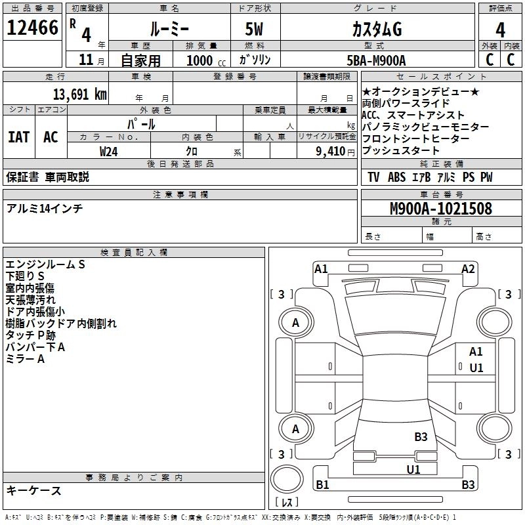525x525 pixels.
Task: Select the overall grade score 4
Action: (x=500, y=30)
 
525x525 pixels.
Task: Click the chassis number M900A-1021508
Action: (x=441, y=209)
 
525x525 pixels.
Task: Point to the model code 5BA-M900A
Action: (x=376, y=60)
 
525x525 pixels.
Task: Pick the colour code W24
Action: (x=109, y=151)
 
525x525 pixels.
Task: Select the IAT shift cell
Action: (x=18, y=137)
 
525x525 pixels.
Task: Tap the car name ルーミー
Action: (x=169, y=30)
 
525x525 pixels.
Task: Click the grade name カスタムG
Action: (x=376, y=30)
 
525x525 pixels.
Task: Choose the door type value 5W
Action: (x=255, y=30)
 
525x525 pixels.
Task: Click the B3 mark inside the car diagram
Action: (x=421, y=436)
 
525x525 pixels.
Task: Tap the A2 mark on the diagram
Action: (x=468, y=268)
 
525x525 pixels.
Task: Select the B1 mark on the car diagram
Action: (x=322, y=485)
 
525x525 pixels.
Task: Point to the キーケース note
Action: (x=34, y=490)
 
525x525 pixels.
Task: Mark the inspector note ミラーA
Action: (x=25, y=359)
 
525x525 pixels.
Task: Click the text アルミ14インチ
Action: (x=45, y=208)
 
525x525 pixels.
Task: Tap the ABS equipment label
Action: (x=397, y=177)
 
